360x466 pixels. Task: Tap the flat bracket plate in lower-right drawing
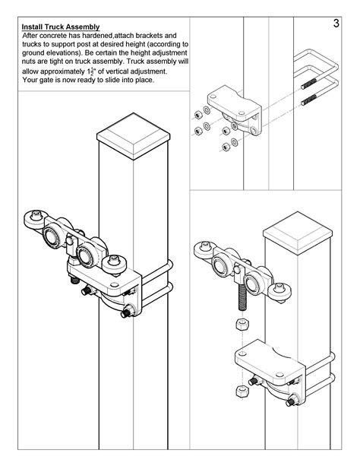[x=266, y=355]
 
